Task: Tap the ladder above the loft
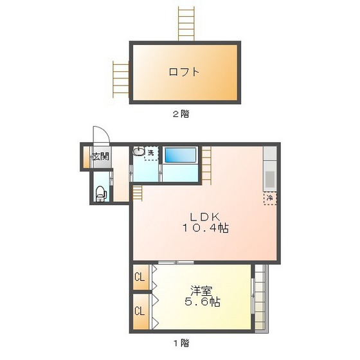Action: coord(186,24)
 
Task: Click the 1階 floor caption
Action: coord(180,343)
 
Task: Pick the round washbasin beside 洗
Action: coord(139,153)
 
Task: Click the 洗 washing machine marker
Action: coord(151,153)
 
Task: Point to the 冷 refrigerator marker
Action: coord(270,198)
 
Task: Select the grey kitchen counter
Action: coord(269,170)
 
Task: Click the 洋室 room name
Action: coord(201,291)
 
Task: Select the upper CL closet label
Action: coord(139,278)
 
